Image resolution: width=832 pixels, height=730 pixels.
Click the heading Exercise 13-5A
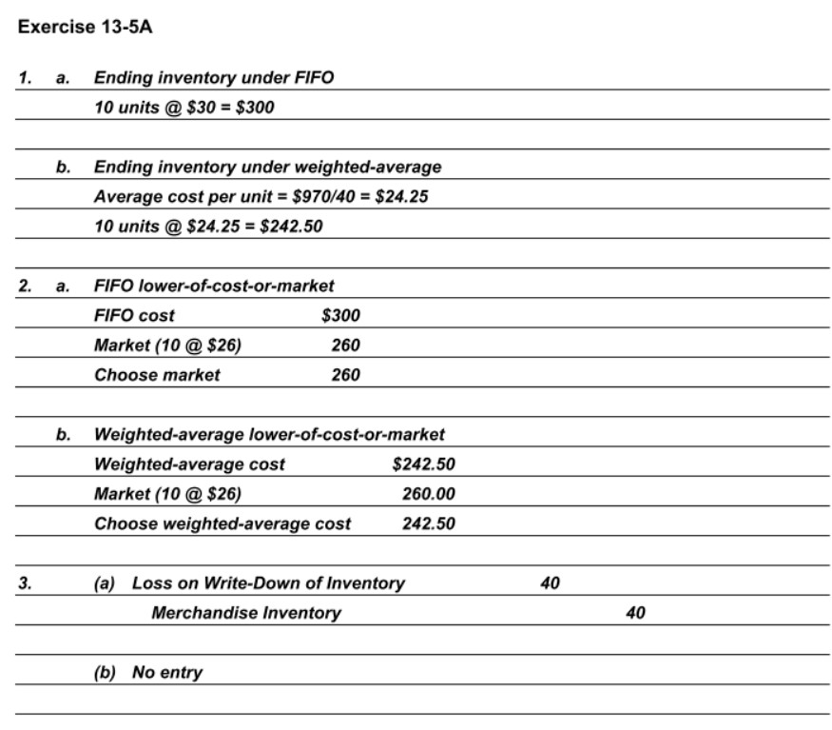pyautogui.click(x=85, y=27)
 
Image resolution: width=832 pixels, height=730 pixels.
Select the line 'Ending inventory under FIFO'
pyautogui.click(x=214, y=77)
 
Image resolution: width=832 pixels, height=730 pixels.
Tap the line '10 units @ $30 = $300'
pyautogui.click(x=184, y=107)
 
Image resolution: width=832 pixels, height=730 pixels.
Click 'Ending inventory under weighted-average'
pyautogui.click(x=267, y=167)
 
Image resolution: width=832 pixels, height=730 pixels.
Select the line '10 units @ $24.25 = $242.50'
pyautogui.click(x=209, y=227)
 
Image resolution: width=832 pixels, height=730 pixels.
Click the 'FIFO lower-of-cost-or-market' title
pyautogui.click(x=214, y=286)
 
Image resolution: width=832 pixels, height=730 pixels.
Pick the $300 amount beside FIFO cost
pyautogui.click(x=341, y=315)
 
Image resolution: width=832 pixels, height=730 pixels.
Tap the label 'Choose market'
pyautogui.click(x=157, y=375)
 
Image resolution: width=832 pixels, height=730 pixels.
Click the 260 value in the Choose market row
pyautogui.click(x=345, y=375)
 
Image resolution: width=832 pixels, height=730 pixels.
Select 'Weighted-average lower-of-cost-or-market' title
pyautogui.click(x=269, y=435)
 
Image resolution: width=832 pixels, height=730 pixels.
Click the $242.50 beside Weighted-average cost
pyautogui.click(x=423, y=464)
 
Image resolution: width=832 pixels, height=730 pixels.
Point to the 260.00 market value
pyautogui.click(x=428, y=494)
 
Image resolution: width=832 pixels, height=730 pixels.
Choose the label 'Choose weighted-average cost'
pyautogui.click(x=223, y=523)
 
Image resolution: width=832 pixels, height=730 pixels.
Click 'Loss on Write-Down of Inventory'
pyautogui.click(x=268, y=583)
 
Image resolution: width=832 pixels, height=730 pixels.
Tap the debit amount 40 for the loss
pyautogui.click(x=550, y=583)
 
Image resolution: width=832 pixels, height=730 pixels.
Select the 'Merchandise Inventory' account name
pyautogui.click(x=245, y=613)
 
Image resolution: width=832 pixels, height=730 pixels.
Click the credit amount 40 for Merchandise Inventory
pyautogui.click(x=635, y=613)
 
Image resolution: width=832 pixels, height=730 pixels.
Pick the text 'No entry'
pyautogui.click(x=167, y=673)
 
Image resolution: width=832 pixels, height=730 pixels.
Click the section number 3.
pyautogui.click(x=23, y=583)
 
